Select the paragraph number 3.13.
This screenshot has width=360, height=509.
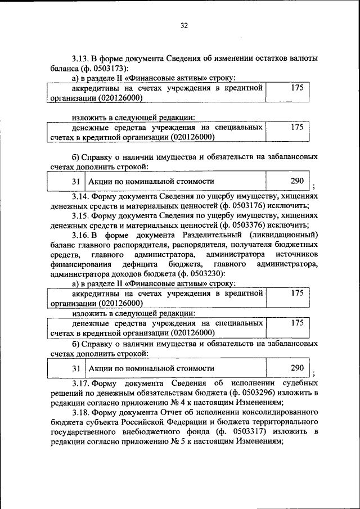point(81,59)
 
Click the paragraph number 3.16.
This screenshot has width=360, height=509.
point(81,235)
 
